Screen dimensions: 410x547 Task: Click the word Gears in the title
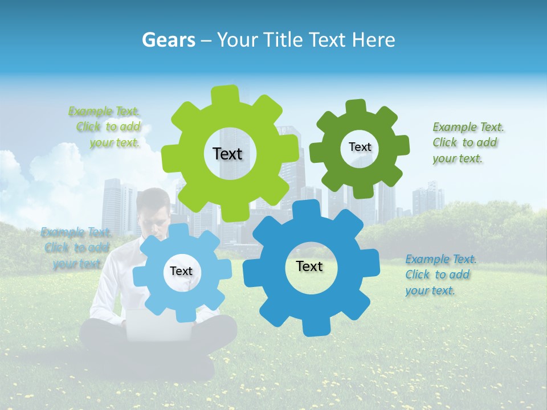click(x=169, y=40)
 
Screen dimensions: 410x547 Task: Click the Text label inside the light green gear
click(x=227, y=154)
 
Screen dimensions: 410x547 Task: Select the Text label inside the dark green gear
click(x=360, y=147)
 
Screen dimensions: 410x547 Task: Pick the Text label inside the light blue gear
click(x=181, y=271)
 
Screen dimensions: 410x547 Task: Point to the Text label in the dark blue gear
click(x=309, y=266)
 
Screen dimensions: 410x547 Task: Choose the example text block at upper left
click(x=105, y=127)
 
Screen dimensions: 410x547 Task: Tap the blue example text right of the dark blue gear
click(x=440, y=274)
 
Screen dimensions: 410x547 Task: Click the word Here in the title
click(x=374, y=40)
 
